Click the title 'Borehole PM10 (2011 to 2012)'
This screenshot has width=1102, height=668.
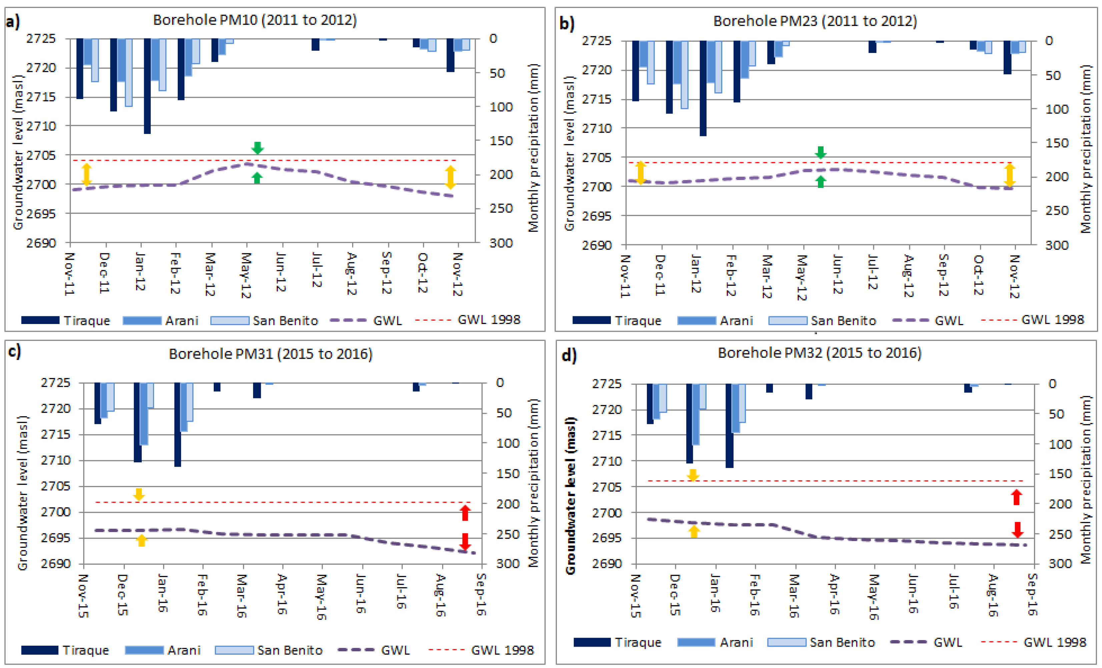pyautogui.click(x=255, y=20)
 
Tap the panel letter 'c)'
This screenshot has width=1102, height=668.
pyautogui.click(x=14, y=352)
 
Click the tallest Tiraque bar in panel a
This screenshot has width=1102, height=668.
pyautogui.click(x=147, y=86)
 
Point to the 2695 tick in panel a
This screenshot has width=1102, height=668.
pyautogui.click(x=41, y=214)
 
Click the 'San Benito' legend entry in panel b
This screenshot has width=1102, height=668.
pyautogui.click(x=822, y=321)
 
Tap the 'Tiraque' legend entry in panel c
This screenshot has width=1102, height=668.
pyautogui.click(x=65, y=650)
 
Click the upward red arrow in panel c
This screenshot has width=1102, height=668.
pyautogui.click(x=465, y=513)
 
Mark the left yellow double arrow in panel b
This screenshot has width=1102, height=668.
pyautogui.click(x=641, y=173)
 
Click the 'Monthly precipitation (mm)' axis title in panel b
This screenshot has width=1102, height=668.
pyautogui.click(x=1086, y=149)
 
